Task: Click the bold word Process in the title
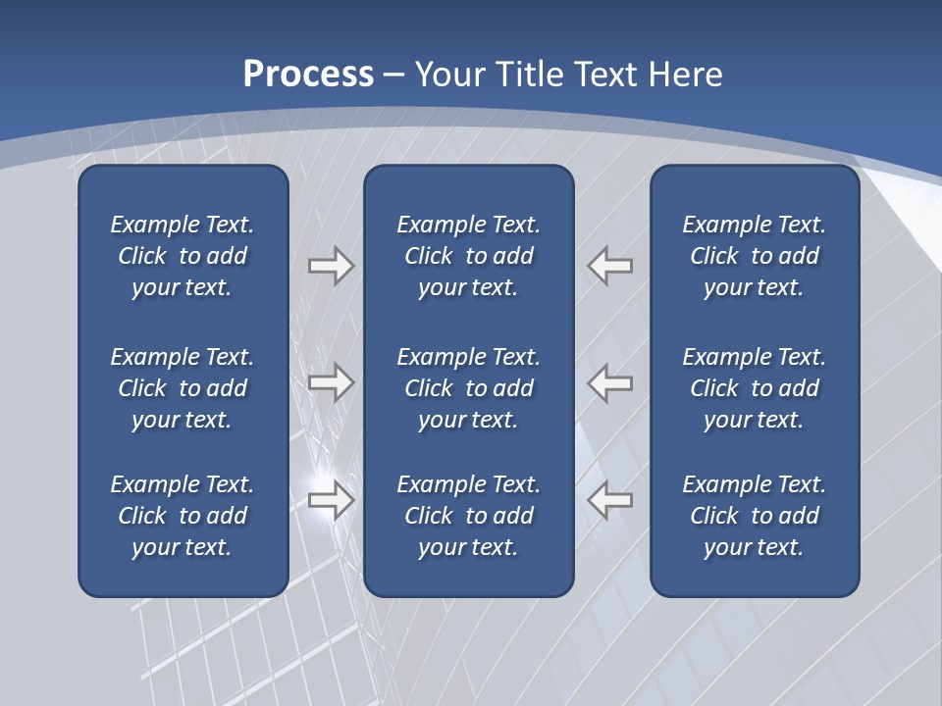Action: point(308,75)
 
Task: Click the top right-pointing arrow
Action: point(331,266)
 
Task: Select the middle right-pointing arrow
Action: point(331,382)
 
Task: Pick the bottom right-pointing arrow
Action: point(331,500)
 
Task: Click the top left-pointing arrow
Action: point(610,266)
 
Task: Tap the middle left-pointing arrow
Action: point(610,382)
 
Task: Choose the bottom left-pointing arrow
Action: point(610,500)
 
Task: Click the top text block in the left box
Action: point(183,256)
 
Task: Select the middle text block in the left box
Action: point(183,388)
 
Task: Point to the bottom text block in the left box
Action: point(183,516)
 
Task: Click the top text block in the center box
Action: point(468,256)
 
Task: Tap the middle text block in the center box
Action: point(468,388)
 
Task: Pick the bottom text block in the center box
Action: point(468,516)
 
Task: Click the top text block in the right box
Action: point(754,256)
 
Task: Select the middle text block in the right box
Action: point(754,388)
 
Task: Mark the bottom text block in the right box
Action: point(754,516)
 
